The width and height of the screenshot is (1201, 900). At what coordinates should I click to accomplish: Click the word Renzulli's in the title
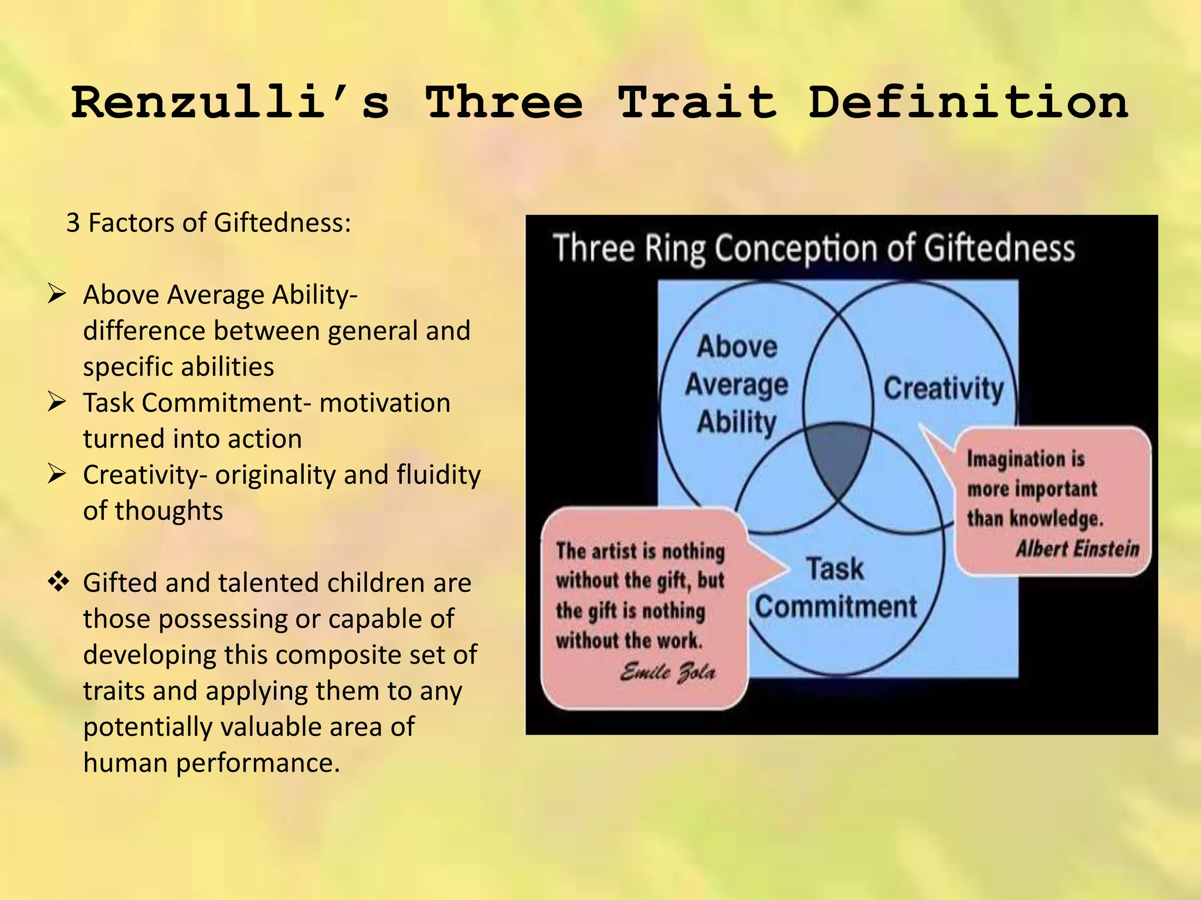point(230,103)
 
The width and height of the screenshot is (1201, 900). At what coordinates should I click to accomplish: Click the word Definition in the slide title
point(968,103)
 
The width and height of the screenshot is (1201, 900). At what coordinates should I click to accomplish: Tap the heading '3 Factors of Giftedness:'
point(209,223)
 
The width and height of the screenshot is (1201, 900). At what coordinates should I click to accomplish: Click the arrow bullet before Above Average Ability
point(57,294)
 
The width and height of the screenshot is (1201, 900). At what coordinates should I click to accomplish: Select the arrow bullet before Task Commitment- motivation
point(57,402)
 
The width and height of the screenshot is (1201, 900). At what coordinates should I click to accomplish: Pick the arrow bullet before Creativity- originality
point(57,474)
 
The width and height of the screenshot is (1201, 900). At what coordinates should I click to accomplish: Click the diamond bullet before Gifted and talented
point(58,582)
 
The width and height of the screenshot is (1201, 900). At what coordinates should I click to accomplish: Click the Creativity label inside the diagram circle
point(944,388)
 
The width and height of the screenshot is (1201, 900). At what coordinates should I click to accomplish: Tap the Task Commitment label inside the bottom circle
point(835,588)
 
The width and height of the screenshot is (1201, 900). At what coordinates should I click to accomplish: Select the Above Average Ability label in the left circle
point(737,384)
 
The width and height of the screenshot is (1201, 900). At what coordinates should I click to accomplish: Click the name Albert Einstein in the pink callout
point(1077,548)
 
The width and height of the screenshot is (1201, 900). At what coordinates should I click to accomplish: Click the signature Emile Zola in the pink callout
point(667,671)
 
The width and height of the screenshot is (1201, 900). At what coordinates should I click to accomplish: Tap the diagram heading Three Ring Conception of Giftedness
point(814,248)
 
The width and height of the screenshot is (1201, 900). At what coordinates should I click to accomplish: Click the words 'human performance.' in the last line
point(212,763)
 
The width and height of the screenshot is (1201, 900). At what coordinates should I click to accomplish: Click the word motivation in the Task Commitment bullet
point(385,403)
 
